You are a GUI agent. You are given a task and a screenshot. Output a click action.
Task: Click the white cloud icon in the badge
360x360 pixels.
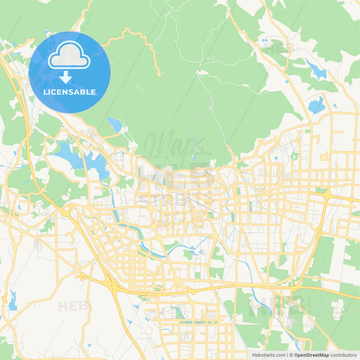point(69,55)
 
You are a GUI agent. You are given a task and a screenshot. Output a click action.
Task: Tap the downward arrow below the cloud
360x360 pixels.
point(66,77)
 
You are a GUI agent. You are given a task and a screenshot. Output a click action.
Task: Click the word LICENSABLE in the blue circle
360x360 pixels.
point(69,92)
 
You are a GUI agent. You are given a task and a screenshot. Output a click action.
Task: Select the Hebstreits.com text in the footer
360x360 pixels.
point(269,355)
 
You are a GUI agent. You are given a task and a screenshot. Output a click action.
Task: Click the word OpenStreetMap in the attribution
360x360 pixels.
point(312,355)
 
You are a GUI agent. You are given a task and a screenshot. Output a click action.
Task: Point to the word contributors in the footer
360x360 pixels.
point(343,355)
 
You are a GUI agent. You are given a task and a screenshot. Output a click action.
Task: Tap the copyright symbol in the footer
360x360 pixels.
point(291,355)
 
